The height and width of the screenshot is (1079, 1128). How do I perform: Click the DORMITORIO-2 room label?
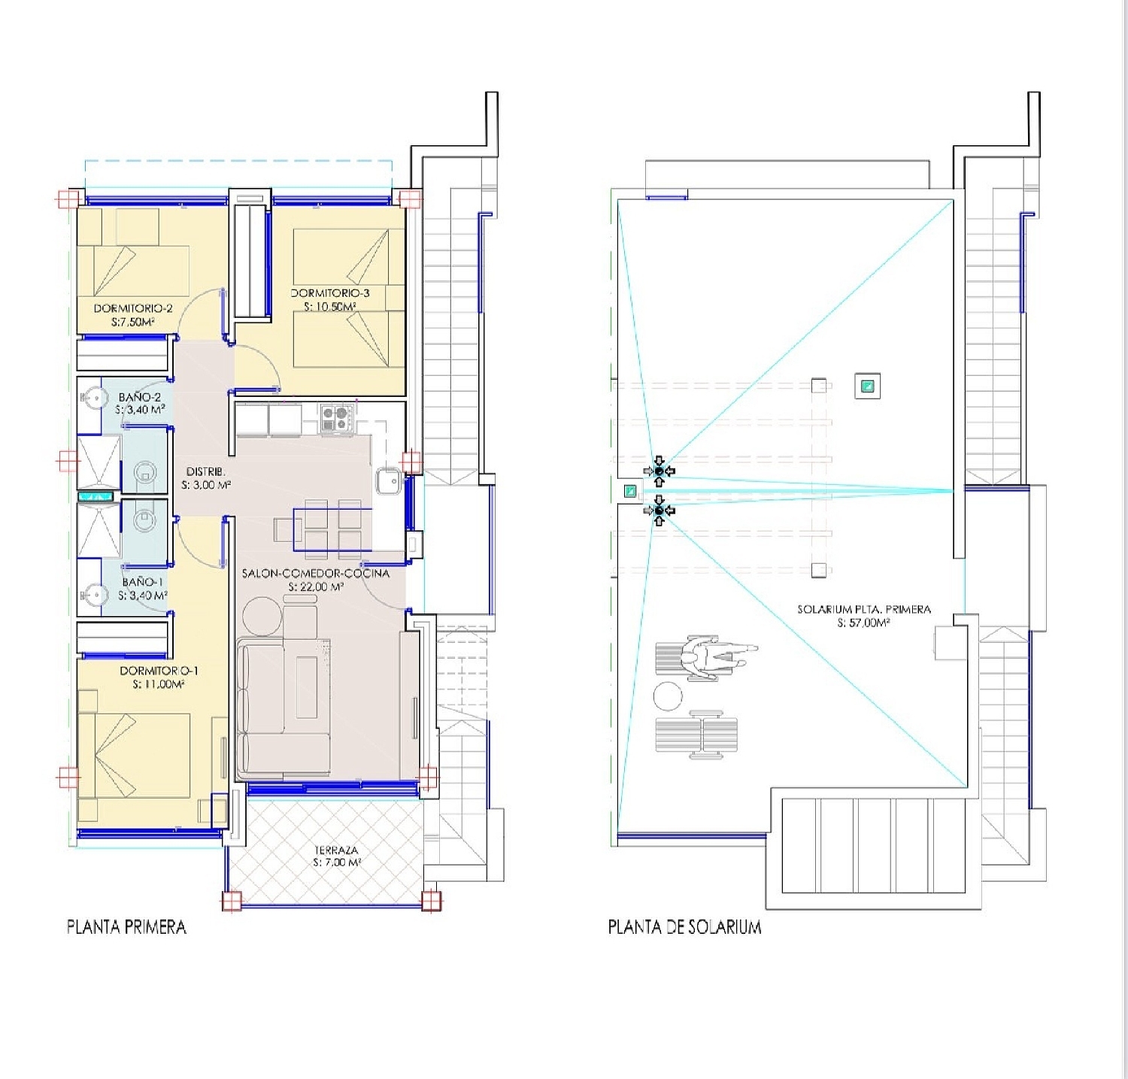point(133,308)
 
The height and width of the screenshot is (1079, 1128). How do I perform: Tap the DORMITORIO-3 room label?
point(330,293)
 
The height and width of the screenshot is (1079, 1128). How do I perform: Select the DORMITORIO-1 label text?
point(159,671)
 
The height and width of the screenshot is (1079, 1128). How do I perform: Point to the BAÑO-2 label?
point(140,397)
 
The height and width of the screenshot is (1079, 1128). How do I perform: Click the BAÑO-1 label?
point(143,582)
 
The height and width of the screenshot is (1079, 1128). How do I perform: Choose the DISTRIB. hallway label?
point(206,471)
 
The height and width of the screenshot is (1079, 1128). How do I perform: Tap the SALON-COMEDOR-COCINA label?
point(316,574)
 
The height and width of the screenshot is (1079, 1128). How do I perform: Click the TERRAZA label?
point(336,850)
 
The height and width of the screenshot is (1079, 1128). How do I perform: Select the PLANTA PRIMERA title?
point(126,926)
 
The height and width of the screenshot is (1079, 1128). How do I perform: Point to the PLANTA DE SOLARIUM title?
point(684,926)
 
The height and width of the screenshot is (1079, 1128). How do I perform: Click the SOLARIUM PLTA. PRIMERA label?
point(864,609)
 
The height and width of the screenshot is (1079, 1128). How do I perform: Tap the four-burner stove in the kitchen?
point(337,419)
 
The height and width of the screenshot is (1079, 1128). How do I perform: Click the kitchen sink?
point(388,481)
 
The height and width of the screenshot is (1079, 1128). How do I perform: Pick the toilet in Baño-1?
point(143,517)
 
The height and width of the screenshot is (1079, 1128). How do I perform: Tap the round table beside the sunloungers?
point(668,696)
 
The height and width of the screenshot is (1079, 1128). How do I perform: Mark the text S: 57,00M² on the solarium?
point(864,623)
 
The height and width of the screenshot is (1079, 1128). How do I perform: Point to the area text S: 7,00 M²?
point(337,862)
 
